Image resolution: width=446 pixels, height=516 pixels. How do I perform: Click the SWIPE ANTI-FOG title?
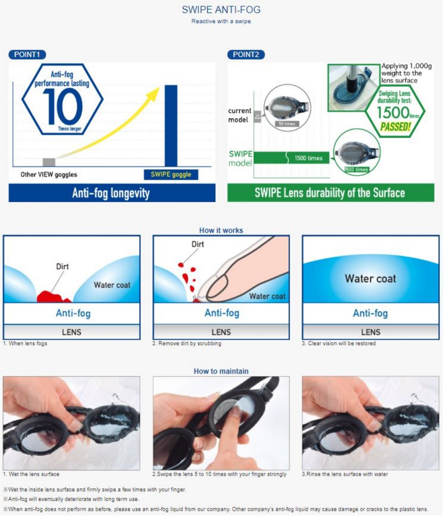tap(221, 10)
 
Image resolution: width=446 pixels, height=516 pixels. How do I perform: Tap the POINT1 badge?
tap(27, 54)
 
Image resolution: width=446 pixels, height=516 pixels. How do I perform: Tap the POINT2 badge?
tap(246, 54)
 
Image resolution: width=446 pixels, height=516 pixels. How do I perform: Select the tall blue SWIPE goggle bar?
tap(171, 126)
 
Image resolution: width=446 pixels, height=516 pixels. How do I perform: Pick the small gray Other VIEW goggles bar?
tap(49, 162)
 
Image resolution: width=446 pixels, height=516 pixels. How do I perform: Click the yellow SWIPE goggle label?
tap(171, 174)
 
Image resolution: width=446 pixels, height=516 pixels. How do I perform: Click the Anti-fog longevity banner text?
tap(111, 193)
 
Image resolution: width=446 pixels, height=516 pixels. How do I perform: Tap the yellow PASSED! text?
tap(395, 127)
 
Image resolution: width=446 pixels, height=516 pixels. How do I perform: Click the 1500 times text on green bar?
tap(308, 158)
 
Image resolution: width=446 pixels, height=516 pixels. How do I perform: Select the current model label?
tap(240, 115)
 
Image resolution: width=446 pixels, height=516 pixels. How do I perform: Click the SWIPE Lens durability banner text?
tap(329, 193)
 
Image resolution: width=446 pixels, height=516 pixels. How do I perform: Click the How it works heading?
tap(221, 230)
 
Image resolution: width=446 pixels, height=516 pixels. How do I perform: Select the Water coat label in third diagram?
tap(370, 278)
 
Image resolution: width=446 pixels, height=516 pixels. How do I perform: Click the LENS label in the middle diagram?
tap(221, 332)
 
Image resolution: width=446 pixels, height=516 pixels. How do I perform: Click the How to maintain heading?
tap(221, 371)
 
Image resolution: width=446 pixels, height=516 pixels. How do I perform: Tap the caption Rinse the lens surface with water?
tap(345, 474)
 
